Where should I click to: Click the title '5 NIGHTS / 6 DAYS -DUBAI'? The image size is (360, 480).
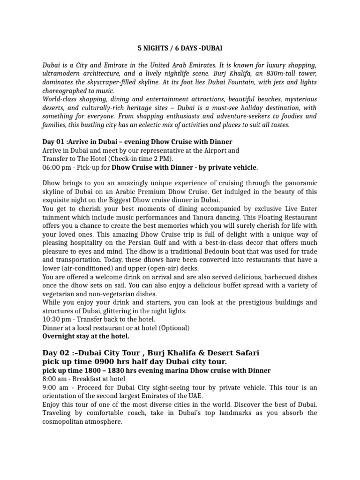[180, 48]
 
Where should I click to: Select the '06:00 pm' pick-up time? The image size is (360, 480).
[56, 167]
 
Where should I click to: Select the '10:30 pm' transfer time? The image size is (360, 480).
[56, 319]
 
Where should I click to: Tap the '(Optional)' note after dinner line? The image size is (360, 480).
[174, 328]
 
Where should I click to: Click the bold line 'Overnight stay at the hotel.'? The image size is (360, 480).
[86, 336]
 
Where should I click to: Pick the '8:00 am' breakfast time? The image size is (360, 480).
[54, 379]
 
